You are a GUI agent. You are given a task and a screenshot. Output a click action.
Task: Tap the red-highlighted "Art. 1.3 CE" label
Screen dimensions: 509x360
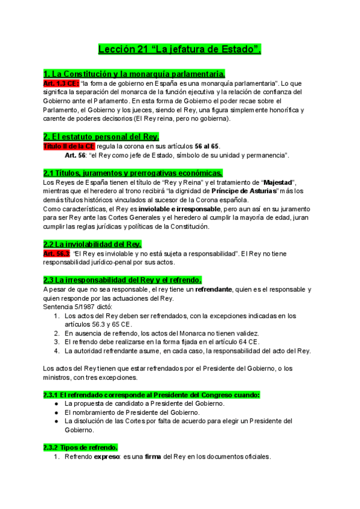(61, 83)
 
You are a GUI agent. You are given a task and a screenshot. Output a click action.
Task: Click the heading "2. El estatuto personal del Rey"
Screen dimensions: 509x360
(101, 137)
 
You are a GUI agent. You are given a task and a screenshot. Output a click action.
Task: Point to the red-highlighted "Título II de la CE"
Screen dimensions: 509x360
(69, 146)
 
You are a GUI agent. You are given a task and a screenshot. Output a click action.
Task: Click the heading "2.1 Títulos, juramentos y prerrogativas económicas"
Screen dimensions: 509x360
(133, 173)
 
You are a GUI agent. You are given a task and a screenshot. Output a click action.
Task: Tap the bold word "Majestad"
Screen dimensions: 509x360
(280, 182)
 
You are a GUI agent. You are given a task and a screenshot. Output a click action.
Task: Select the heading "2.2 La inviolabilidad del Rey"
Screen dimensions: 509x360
(92, 244)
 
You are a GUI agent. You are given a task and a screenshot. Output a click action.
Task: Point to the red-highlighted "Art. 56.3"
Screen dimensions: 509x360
(56, 254)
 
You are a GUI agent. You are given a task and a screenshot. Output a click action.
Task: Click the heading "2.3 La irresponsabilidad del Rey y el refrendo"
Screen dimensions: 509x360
(122, 280)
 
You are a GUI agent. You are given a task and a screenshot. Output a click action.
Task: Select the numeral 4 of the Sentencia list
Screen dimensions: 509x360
(56, 351)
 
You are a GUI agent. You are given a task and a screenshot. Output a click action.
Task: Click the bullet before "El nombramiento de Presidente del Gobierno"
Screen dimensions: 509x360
(56, 413)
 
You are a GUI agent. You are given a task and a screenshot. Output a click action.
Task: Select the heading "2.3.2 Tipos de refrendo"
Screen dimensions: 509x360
(80, 448)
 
